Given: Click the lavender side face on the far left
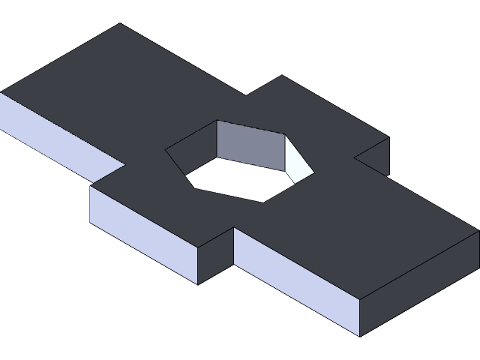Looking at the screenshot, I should click(56, 135).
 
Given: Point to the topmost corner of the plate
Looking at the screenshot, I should click(120, 23).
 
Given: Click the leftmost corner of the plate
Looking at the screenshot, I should click(1, 92).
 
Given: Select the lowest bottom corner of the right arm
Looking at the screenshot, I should click(361, 335).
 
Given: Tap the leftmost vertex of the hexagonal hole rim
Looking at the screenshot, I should click(166, 149).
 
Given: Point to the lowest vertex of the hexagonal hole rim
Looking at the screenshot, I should click(265, 202).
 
